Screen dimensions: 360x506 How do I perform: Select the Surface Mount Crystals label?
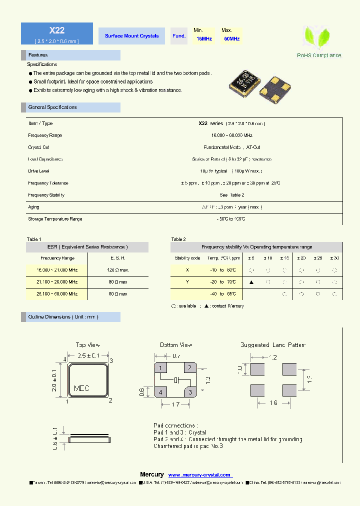132,36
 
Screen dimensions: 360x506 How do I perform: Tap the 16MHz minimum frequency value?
204,38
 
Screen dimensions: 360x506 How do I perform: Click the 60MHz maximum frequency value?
231,38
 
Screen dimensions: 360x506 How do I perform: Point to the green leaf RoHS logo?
317,37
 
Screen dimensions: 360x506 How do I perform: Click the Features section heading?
38,55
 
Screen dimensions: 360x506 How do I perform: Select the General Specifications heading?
52,107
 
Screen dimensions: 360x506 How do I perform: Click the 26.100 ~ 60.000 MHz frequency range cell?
56,294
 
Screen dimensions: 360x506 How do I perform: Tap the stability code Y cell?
187,282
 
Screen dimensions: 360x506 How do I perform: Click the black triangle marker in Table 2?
251,282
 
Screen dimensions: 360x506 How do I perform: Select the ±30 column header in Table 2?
335,258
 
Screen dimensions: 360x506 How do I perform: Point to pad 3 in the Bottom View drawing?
189,392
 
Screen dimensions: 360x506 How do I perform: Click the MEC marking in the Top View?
81,388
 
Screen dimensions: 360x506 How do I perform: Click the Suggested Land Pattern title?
272,345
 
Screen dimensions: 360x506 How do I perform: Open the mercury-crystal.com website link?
199,475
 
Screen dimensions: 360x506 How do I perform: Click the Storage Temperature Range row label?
55,219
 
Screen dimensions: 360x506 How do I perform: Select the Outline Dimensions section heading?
63,317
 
